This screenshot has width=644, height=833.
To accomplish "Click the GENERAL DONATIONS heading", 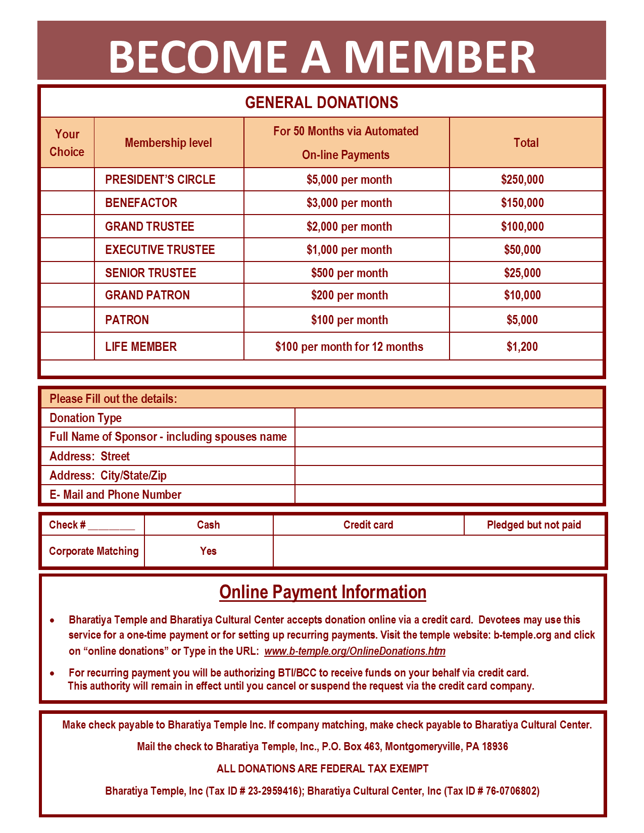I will [x=322, y=102].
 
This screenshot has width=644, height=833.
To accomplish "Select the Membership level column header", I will [x=168, y=143].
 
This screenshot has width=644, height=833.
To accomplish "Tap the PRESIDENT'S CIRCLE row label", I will [x=160, y=180].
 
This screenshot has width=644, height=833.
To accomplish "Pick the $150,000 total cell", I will [x=522, y=203].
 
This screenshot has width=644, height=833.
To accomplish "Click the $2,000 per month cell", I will [x=349, y=227].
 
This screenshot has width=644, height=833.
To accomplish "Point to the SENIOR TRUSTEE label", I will [x=151, y=273].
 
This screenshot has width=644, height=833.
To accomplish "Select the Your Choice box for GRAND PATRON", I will [x=67, y=295].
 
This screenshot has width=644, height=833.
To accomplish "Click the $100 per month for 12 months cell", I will [x=349, y=347].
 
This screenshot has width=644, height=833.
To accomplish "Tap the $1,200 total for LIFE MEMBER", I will [x=522, y=347].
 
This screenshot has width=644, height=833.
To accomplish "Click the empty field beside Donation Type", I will [x=449, y=418].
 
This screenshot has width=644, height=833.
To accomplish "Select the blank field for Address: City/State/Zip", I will [x=449, y=476].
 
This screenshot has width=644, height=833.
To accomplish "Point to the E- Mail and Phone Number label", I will [x=115, y=495].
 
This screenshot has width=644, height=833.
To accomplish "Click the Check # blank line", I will [x=112, y=526].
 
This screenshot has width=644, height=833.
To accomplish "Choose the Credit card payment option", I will [x=368, y=525].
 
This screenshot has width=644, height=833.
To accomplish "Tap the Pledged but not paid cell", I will [x=533, y=525].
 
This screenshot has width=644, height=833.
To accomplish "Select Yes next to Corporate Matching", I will [x=208, y=551].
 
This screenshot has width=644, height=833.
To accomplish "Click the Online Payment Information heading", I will [x=322, y=592].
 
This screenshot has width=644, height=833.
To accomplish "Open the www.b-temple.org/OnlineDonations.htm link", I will [x=355, y=651].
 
